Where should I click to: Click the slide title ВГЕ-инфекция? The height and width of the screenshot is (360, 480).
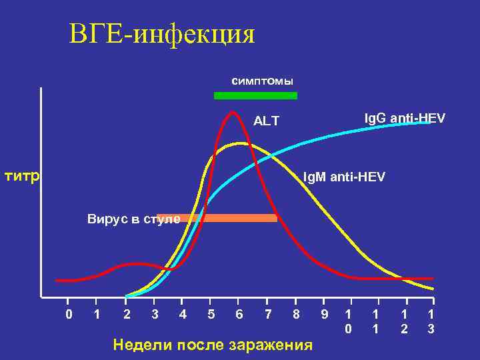pos(162,34)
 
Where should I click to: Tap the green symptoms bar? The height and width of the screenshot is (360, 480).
pos(255,96)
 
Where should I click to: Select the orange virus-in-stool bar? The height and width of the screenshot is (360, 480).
pos(227,217)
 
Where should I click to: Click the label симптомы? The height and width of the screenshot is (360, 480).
pos(262,81)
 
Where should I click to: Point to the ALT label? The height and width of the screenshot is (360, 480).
pos(266,121)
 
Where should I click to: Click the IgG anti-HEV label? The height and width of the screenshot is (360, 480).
pos(405,118)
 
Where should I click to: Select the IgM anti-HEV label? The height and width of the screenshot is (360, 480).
pos(343,177)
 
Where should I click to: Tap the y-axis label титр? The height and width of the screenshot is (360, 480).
pos(23,176)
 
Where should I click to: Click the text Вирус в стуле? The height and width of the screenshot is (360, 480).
pos(133,219)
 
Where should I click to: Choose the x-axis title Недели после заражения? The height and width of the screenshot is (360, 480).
pos(213,345)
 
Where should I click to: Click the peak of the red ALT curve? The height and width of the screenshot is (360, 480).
pos(233,111)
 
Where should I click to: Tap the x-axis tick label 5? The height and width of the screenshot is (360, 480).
pos(211,313)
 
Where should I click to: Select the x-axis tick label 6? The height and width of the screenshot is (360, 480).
pos(239,313)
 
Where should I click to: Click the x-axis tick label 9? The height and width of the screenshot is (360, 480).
pos(324,313)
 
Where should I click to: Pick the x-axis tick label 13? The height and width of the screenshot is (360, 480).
pos(431,321)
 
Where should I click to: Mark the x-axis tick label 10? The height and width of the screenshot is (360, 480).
pos(347,321)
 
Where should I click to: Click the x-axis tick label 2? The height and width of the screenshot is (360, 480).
pos(127,313)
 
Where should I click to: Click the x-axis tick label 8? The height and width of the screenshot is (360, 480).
pos(295,313)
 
